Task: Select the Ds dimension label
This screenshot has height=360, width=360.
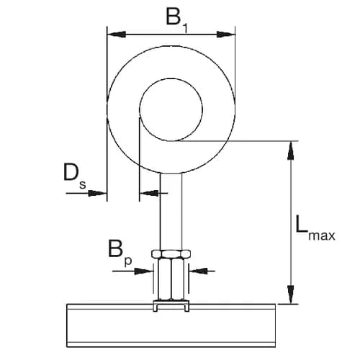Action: point(73,176)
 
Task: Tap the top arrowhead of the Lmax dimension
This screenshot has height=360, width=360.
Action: point(291,147)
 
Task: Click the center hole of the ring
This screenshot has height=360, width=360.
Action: point(171,109)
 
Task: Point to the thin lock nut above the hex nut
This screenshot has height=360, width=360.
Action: point(171,253)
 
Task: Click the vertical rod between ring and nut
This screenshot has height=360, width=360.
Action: point(171,209)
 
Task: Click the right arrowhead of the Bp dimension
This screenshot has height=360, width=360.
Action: point(193,271)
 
